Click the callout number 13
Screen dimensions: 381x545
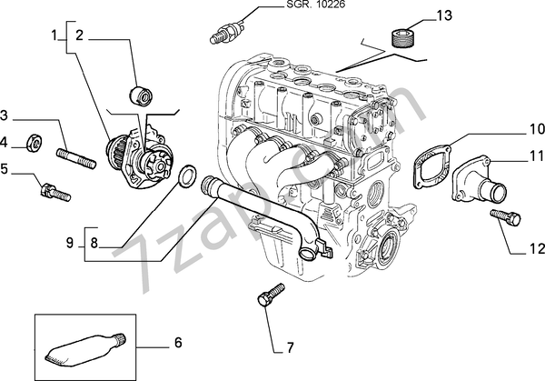click(x=443, y=15)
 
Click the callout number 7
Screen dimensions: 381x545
click(x=290, y=347)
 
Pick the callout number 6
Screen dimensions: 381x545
click(x=178, y=343)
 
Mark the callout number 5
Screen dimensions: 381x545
click(x=5, y=168)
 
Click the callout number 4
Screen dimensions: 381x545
click(x=5, y=142)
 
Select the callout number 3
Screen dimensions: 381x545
click(x=5, y=115)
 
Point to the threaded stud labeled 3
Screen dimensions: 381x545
click(x=75, y=157)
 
